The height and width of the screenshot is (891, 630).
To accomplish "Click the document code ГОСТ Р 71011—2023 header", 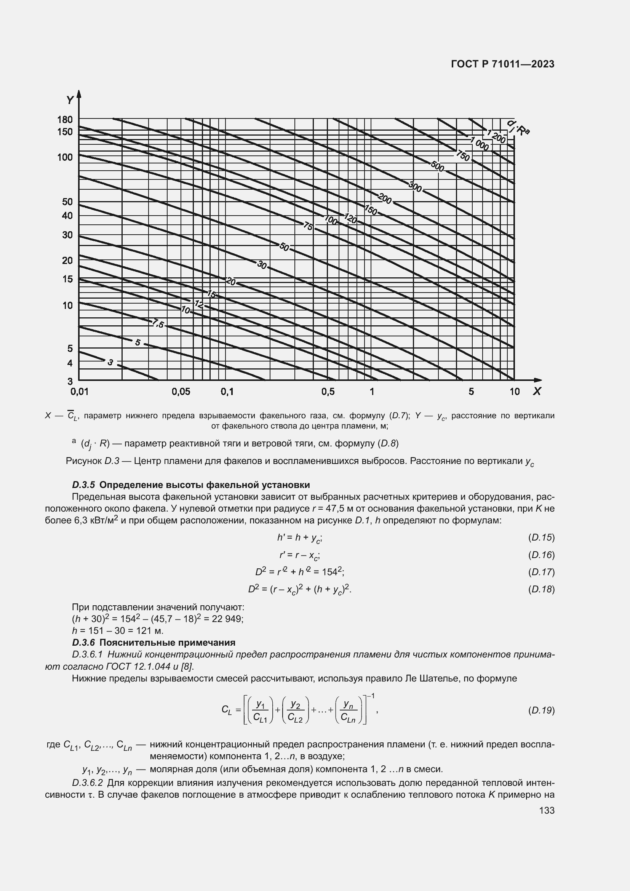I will (503, 64).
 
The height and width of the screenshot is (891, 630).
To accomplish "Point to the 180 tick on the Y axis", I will (65, 120).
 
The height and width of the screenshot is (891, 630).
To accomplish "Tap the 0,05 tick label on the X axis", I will (181, 392).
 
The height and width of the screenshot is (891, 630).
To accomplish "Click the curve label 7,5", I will (158, 323).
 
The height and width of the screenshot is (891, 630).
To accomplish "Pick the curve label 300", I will (415, 187).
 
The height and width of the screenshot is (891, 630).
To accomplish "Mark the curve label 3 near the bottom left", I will (110, 362).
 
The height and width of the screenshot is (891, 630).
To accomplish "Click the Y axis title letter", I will (69, 100).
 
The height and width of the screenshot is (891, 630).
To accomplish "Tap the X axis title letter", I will (537, 391).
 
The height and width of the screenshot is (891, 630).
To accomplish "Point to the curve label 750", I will (463, 156).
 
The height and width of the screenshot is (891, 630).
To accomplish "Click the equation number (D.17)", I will (541, 572).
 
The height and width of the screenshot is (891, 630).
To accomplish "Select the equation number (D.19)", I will (541, 710).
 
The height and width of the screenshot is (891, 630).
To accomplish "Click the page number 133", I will (547, 810).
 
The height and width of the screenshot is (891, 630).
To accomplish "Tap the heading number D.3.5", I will (83, 485).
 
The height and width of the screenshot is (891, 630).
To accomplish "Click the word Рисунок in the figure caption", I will (83, 461).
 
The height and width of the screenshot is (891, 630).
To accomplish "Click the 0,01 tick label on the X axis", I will (80, 392).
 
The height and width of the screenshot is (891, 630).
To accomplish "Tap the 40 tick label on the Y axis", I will (67, 216).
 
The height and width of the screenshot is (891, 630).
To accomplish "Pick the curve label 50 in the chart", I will (285, 247).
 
